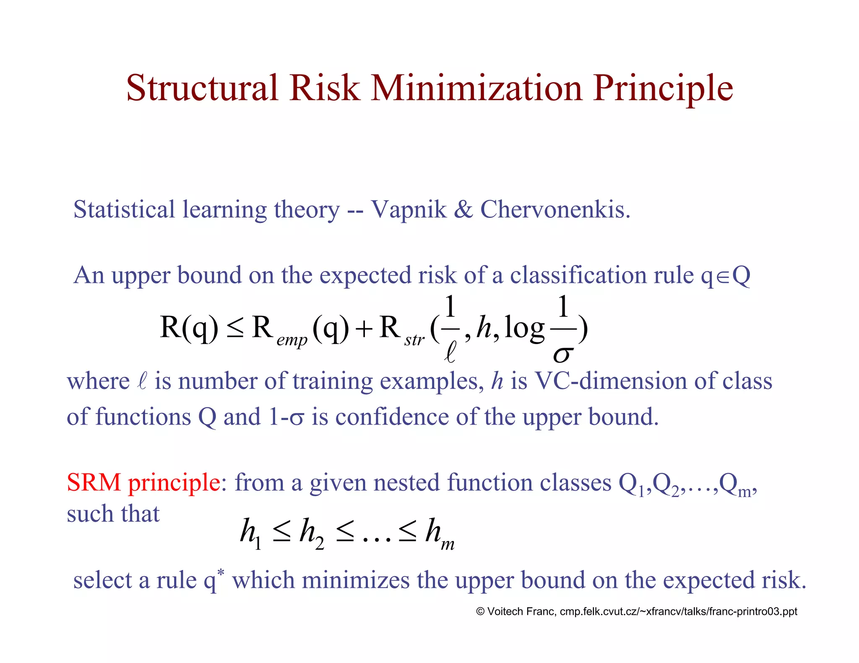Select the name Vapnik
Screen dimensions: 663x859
[409, 210]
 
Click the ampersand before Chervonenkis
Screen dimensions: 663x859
[463, 210]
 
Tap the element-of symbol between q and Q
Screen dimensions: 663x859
[723, 277]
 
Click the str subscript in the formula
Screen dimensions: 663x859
[414, 340]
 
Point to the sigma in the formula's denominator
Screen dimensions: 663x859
[562, 355]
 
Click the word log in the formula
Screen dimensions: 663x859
[524, 328]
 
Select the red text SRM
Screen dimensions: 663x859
[94, 482]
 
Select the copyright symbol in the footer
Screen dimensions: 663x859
[480, 611]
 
